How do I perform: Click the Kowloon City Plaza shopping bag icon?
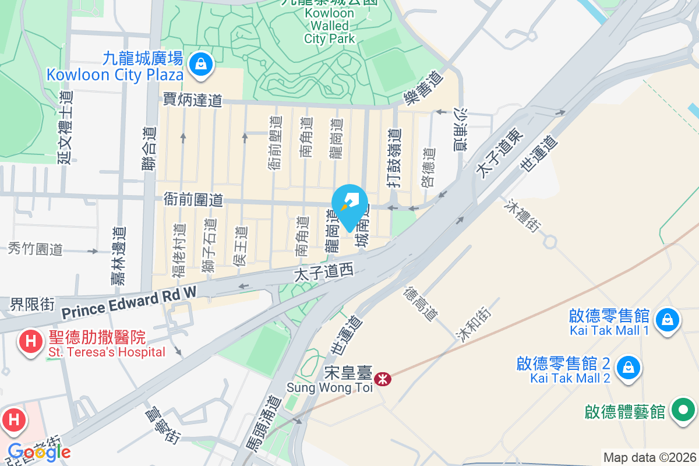200,63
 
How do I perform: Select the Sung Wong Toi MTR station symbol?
383,379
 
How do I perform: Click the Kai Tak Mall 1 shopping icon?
667,320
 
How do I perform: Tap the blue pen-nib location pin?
349,205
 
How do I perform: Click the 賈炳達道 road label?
192,100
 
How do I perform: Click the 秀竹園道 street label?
35,250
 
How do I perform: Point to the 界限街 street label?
32,304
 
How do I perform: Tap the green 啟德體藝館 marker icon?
684,411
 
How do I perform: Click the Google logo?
39,451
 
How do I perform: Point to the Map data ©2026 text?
649,457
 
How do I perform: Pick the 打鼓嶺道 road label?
396,157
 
